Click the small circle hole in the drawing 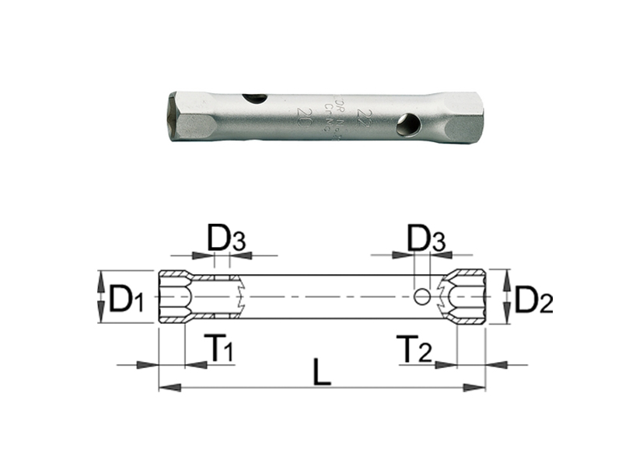click(x=421, y=296)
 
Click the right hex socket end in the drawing click(x=470, y=297)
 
